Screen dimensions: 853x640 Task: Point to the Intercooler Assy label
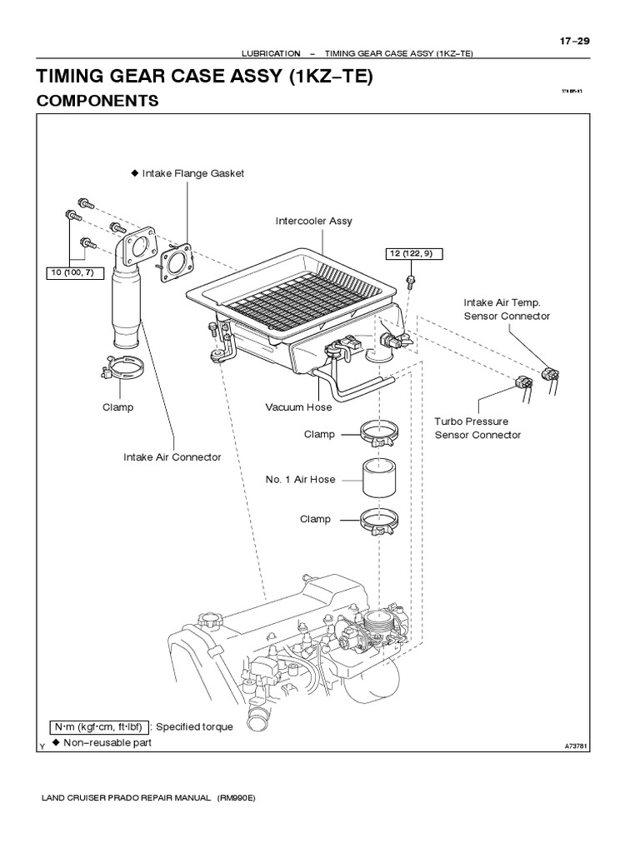pyautogui.click(x=313, y=222)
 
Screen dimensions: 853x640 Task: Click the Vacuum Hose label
pyautogui.click(x=298, y=407)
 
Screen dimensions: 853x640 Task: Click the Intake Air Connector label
pyautogui.click(x=172, y=456)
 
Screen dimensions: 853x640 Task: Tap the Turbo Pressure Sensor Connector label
pyautogui.click(x=477, y=428)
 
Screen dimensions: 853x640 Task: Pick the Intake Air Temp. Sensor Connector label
pyautogui.click(x=507, y=309)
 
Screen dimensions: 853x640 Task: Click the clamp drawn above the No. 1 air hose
pyautogui.click(x=379, y=432)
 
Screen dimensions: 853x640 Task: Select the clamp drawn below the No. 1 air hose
pyautogui.click(x=379, y=520)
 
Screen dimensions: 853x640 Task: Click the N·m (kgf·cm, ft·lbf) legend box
pyautogui.click(x=100, y=726)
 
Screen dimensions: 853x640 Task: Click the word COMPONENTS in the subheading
pyautogui.click(x=97, y=101)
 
